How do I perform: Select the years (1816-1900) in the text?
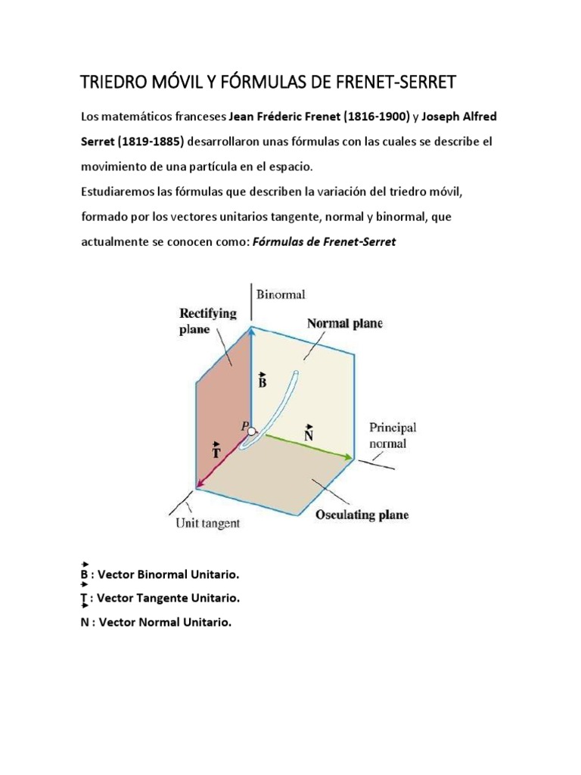click(376, 118)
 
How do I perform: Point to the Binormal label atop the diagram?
click(281, 293)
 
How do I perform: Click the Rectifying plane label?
click(207, 321)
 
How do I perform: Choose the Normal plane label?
click(344, 324)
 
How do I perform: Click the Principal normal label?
click(392, 435)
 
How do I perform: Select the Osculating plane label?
click(362, 515)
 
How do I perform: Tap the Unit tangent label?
click(208, 522)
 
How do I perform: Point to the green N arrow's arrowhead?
click(349, 457)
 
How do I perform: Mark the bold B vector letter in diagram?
click(263, 382)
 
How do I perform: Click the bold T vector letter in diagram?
click(217, 453)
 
